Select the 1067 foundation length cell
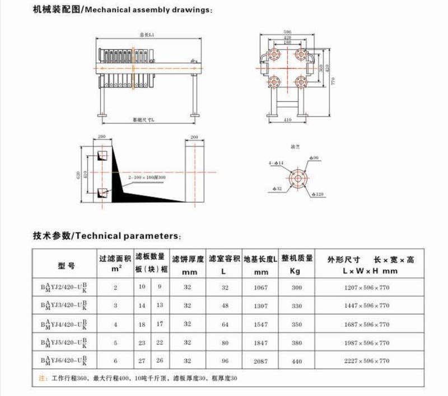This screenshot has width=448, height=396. pos(261,287)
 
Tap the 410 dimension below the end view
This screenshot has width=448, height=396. pos(287,120)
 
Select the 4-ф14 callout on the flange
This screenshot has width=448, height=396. pos(276,163)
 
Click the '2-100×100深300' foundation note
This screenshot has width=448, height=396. pos(147,177)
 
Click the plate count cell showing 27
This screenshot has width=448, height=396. pos(142,362)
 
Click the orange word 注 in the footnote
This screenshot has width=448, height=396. pos(42,379)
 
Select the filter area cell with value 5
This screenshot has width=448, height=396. pos(115,343)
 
